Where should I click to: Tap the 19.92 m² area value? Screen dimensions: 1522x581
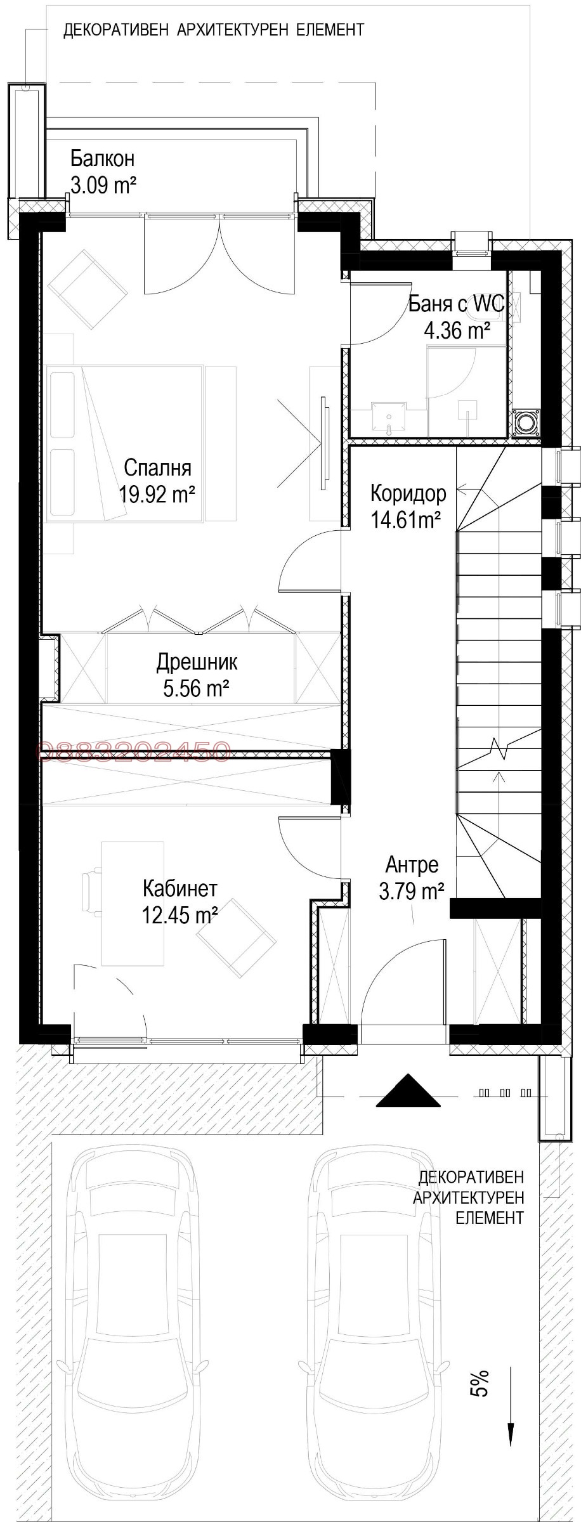157,494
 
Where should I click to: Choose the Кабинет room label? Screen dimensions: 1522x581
180,887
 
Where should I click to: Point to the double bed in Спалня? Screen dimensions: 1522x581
127,443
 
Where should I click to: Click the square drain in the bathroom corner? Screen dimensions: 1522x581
526,422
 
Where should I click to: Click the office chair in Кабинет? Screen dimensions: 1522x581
92,893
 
